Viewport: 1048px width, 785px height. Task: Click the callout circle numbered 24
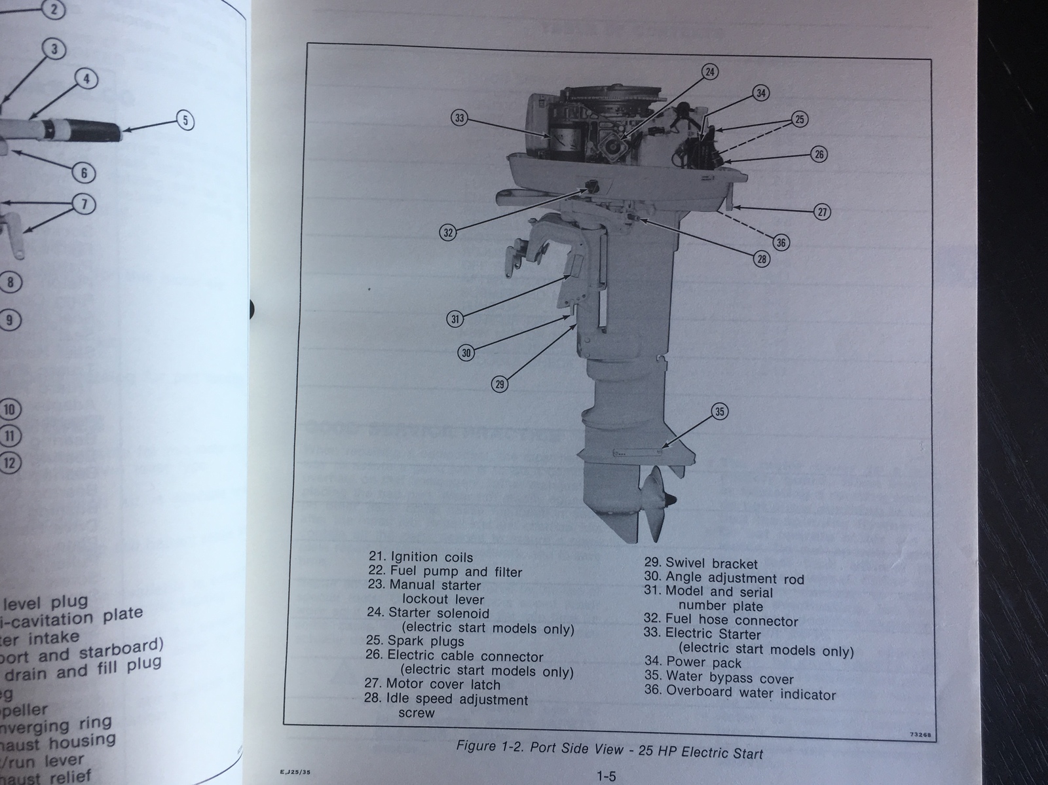[x=710, y=72]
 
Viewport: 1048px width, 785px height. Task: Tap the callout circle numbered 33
[x=459, y=118]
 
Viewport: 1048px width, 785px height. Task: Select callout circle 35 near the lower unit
[x=720, y=411]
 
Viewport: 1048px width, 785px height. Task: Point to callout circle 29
[x=500, y=384]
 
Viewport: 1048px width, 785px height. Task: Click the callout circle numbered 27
[x=823, y=212]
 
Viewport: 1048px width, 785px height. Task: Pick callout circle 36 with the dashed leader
[x=781, y=242]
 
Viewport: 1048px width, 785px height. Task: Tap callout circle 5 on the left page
[x=185, y=120]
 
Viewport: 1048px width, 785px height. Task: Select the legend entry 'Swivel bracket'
[x=711, y=563]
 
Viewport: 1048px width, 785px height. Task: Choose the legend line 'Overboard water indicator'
[x=751, y=692]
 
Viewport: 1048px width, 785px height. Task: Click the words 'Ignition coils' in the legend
[x=431, y=557]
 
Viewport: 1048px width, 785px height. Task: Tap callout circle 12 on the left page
[x=10, y=463]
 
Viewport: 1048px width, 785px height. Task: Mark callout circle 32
[x=448, y=232]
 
